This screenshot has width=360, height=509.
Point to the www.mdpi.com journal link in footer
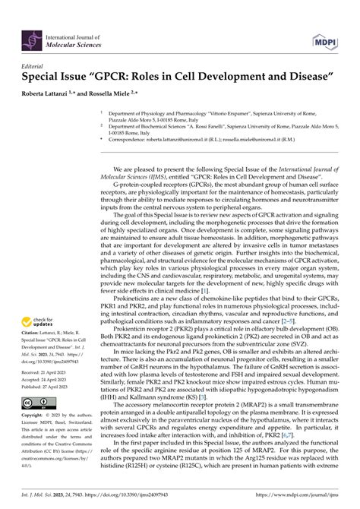[308, 495]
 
